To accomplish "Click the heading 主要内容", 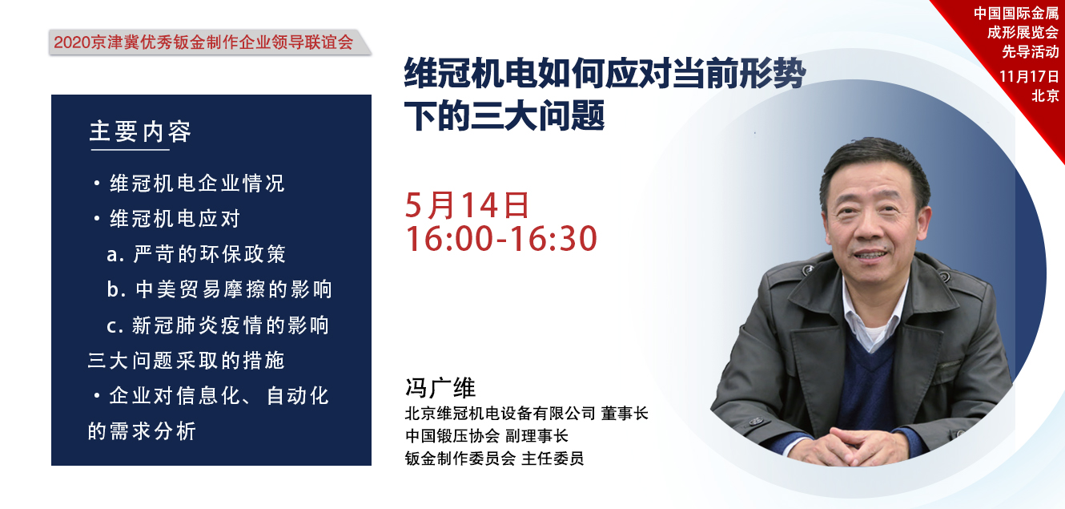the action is pyautogui.click(x=140, y=131).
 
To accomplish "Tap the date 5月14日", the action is pyautogui.click(x=467, y=205).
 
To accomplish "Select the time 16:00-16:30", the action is pyautogui.click(x=501, y=239).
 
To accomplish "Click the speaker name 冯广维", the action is pyautogui.click(x=440, y=388).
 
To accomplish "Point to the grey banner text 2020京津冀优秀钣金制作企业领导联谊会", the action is pyautogui.click(x=203, y=42).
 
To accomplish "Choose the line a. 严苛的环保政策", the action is pyautogui.click(x=196, y=254).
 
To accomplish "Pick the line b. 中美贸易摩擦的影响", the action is pyautogui.click(x=219, y=289).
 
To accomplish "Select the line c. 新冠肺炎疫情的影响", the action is pyautogui.click(x=218, y=325).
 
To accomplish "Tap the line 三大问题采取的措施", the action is pyautogui.click(x=187, y=361).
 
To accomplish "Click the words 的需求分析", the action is pyautogui.click(x=142, y=431).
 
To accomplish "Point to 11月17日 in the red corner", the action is pyautogui.click(x=1029, y=76).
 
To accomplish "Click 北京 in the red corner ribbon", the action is pyautogui.click(x=1045, y=95).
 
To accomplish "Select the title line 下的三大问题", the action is pyautogui.click(x=504, y=115).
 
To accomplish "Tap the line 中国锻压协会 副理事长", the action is pyautogui.click(x=486, y=436).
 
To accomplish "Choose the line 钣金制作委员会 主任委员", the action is pyautogui.click(x=494, y=458).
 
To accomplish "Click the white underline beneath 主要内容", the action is pyautogui.click(x=131, y=150).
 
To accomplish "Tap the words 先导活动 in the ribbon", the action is pyautogui.click(x=1031, y=51).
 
